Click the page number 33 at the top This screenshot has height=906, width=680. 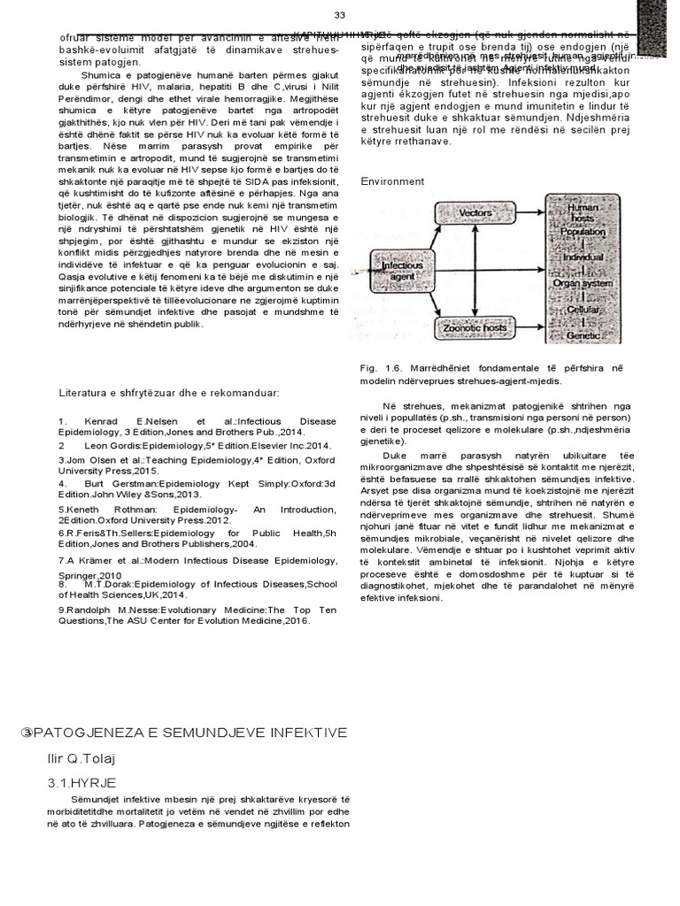[x=339, y=16]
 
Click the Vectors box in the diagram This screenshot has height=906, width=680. [x=475, y=213]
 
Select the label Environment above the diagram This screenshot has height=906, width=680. [x=392, y=181]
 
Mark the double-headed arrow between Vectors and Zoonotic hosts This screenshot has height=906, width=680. [x=475, y=270]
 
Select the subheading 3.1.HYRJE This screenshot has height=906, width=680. [x=82, y=783]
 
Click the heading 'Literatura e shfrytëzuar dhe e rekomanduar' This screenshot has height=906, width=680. [x=169, y=392]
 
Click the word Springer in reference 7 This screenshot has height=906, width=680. [x=79, y=574]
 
